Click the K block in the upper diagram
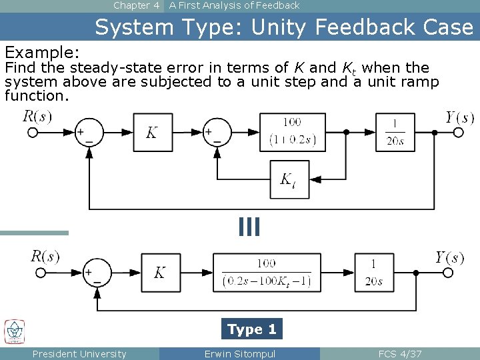(x=153, y=132)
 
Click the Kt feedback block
(x=289, y=179)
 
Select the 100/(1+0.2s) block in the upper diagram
(x=293, y=132)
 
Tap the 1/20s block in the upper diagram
(x=395, y=132)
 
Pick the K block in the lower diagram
(x=160, y=272)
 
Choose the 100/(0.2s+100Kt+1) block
(x=266, y=272)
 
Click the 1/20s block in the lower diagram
(x=373, y=272)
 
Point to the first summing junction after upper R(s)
(x=89, y=132)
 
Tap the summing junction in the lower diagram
(x=97, y=272)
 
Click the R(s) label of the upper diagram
(x=37, y=116)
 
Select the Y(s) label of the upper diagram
(x=461, y=118)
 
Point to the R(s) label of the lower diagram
(x=45, y=256)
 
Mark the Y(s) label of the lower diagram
(x=449, y=258)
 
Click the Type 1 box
(x=252, y=329)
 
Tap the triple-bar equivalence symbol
(x=249, y=227)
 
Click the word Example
(x=42, y=52)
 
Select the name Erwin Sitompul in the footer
(x=240, y=353)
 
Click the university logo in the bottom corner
(x=15, y=331)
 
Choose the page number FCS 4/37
(x=400, y=353)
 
